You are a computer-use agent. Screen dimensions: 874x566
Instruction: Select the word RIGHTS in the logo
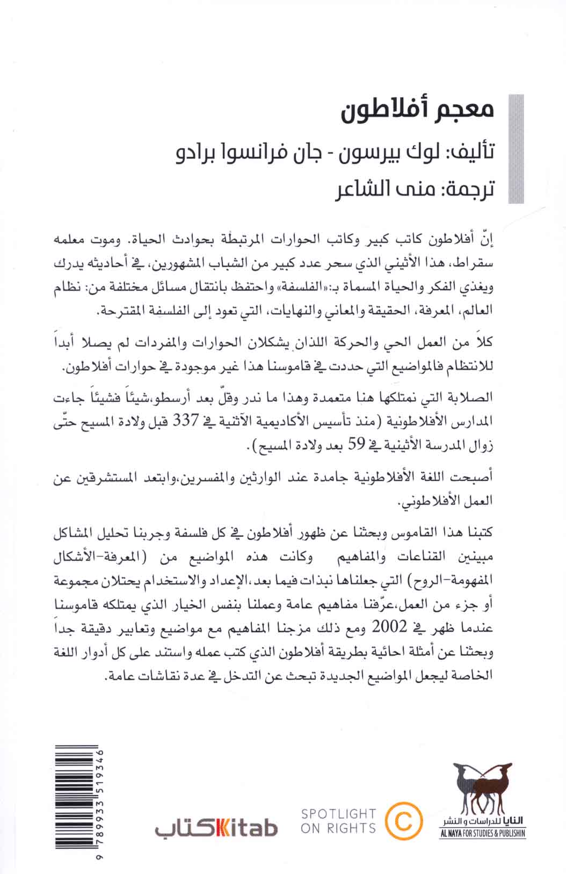coord(349,828)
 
